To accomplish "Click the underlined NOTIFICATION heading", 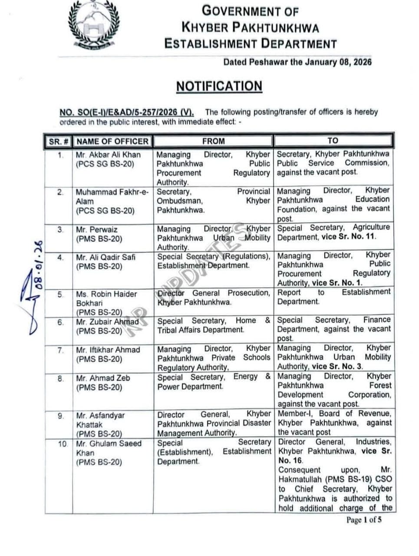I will [x=219, y=86].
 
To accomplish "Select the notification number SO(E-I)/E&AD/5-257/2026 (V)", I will [x=126, y=113].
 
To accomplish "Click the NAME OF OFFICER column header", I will [x=112, y=141].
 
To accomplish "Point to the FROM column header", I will [x=213, y=141].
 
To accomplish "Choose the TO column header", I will [x=333, y=141].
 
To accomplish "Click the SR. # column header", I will [x=59, y=142].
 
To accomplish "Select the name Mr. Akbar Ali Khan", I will [x=108, y=155].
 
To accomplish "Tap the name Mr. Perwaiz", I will [x=96, y=229].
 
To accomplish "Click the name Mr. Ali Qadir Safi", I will [x=106, y=257].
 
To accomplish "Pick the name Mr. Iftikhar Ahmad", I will [x=108, y=350].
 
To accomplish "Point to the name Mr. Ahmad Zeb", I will [x=103, y=378].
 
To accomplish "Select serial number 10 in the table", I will [x=63, y=444].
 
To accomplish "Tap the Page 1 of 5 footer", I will [x=364, y=520].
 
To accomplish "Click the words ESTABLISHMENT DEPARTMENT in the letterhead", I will [x=250, y=43].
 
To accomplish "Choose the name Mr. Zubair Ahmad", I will [x=107, y=322].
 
